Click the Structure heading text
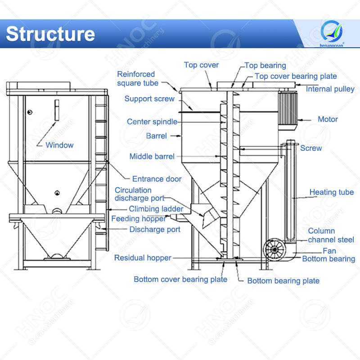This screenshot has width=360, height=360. [50, 34]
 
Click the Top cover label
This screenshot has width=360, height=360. [201, 65]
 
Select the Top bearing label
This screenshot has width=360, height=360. [265, 66]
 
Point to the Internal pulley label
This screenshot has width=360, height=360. [330, 89]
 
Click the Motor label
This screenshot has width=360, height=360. [328, 119]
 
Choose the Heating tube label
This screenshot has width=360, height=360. [332, 192]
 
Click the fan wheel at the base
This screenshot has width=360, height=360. [274, 249]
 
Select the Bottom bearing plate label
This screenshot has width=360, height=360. [283, 281]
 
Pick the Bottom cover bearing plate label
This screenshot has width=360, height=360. [180, 279]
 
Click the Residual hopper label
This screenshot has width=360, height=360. [143, 258]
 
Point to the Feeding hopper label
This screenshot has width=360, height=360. [139, 219]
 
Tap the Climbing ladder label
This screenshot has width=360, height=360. [156, 209]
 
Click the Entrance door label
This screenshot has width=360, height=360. [157, 179]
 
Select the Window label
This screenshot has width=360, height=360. [59, 145]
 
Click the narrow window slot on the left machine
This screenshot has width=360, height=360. [57, 110]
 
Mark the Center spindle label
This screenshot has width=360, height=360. [152, 121]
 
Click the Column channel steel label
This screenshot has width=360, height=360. [331, 235]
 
